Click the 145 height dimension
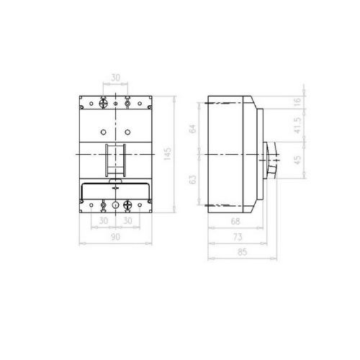[x=168, y=153]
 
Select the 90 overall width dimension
[x=115, y=237]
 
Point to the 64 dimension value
[x=193, y=129]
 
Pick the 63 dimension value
[x=193, y=180]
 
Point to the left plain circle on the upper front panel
[x=104, y=132]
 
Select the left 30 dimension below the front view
[x=104, y=221]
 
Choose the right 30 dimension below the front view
[x=127, y=221]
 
